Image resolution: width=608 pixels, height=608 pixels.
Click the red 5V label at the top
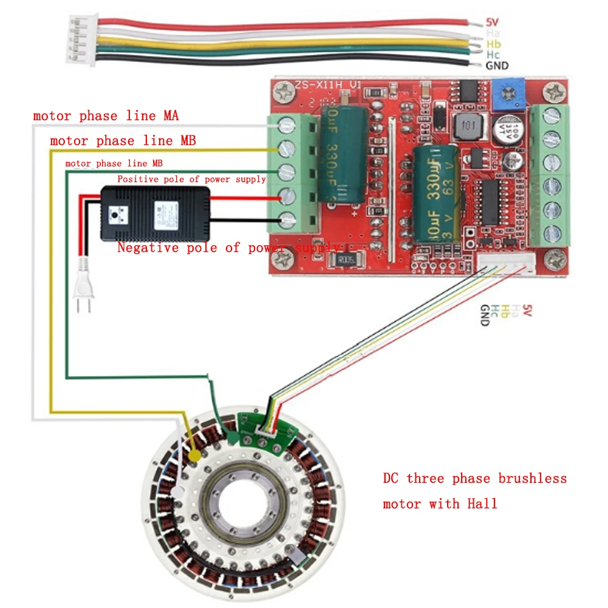492,22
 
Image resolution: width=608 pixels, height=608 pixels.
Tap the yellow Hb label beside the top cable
493,44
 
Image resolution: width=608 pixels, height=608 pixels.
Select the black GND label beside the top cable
497,66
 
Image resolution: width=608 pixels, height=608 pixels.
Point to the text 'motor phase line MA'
106,116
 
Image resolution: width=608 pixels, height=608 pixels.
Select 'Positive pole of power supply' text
191,179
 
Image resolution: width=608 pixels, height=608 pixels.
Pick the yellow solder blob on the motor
195,454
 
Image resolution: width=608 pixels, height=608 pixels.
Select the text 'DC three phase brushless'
474,479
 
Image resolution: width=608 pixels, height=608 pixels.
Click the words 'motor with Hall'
440,504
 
